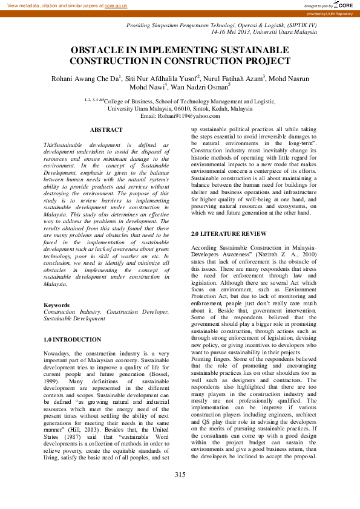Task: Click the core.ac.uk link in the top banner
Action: coord(116,5)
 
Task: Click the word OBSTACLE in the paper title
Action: coord(97,51)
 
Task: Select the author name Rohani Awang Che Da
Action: coord(85,78)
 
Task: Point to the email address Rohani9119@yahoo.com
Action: coord(179,115)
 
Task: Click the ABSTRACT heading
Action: coord(106,130)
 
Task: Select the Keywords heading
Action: coord(56,305)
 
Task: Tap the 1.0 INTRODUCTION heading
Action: coord(72,340)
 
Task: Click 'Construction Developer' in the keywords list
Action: coord(137,312)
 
